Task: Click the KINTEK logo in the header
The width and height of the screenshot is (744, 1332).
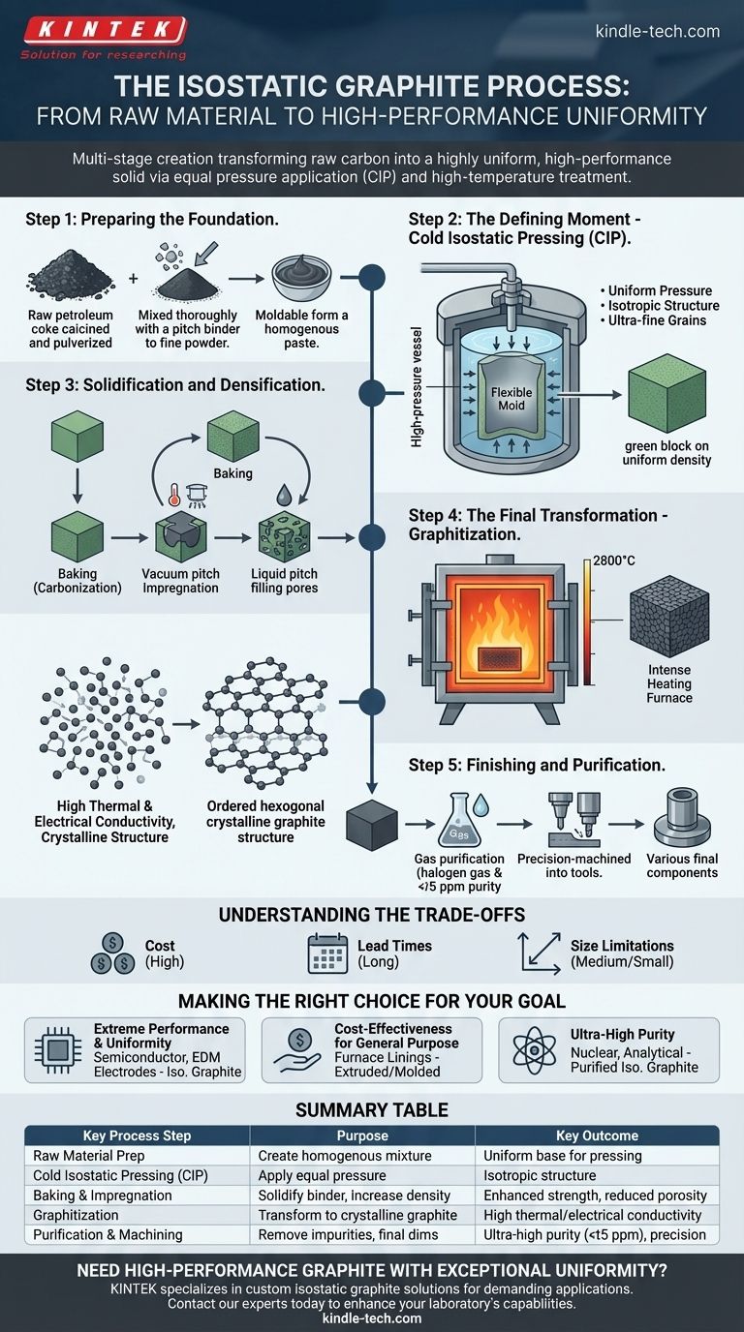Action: pos(102,30)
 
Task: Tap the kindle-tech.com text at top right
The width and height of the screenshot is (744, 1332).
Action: pos(657,31)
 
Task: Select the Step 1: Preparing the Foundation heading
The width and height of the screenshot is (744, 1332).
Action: pos(152,220)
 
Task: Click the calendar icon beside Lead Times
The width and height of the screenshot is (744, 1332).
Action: pos(326,953)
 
